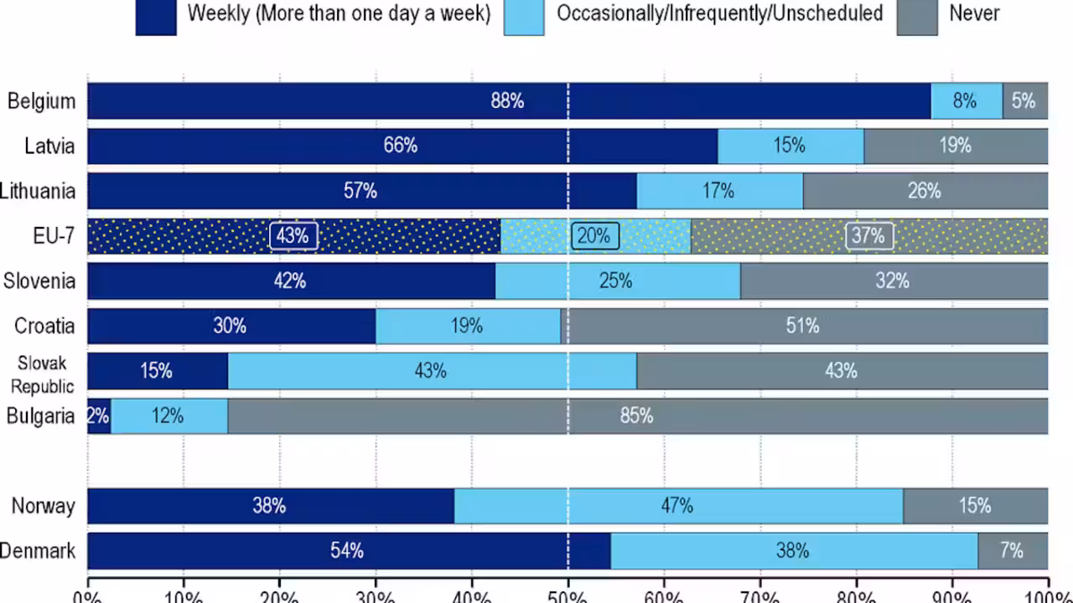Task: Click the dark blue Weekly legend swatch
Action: tap(156, 17)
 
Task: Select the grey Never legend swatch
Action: tap(917, 17)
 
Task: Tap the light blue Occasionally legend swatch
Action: tap(524, 17)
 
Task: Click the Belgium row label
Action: tap(41, 101)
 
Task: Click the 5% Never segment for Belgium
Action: tap(1024, 101)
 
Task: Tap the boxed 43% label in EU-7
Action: tap(293, 236)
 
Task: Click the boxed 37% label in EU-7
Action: tap(868, 236)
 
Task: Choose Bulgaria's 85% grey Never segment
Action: tap(637, 416)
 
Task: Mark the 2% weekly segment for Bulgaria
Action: tap(99, 416)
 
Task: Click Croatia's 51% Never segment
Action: tap(803, 326)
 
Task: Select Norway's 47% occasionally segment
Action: tap(677, 506)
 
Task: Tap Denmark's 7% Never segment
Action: tap(1012, 551)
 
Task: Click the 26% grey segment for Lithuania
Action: tap(925, 191)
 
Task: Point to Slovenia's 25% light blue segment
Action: tap(616, 281)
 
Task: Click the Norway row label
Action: tap(43, 506)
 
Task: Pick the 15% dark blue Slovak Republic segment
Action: tap(157, 371)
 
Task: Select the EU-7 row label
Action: tap(54, 236)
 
